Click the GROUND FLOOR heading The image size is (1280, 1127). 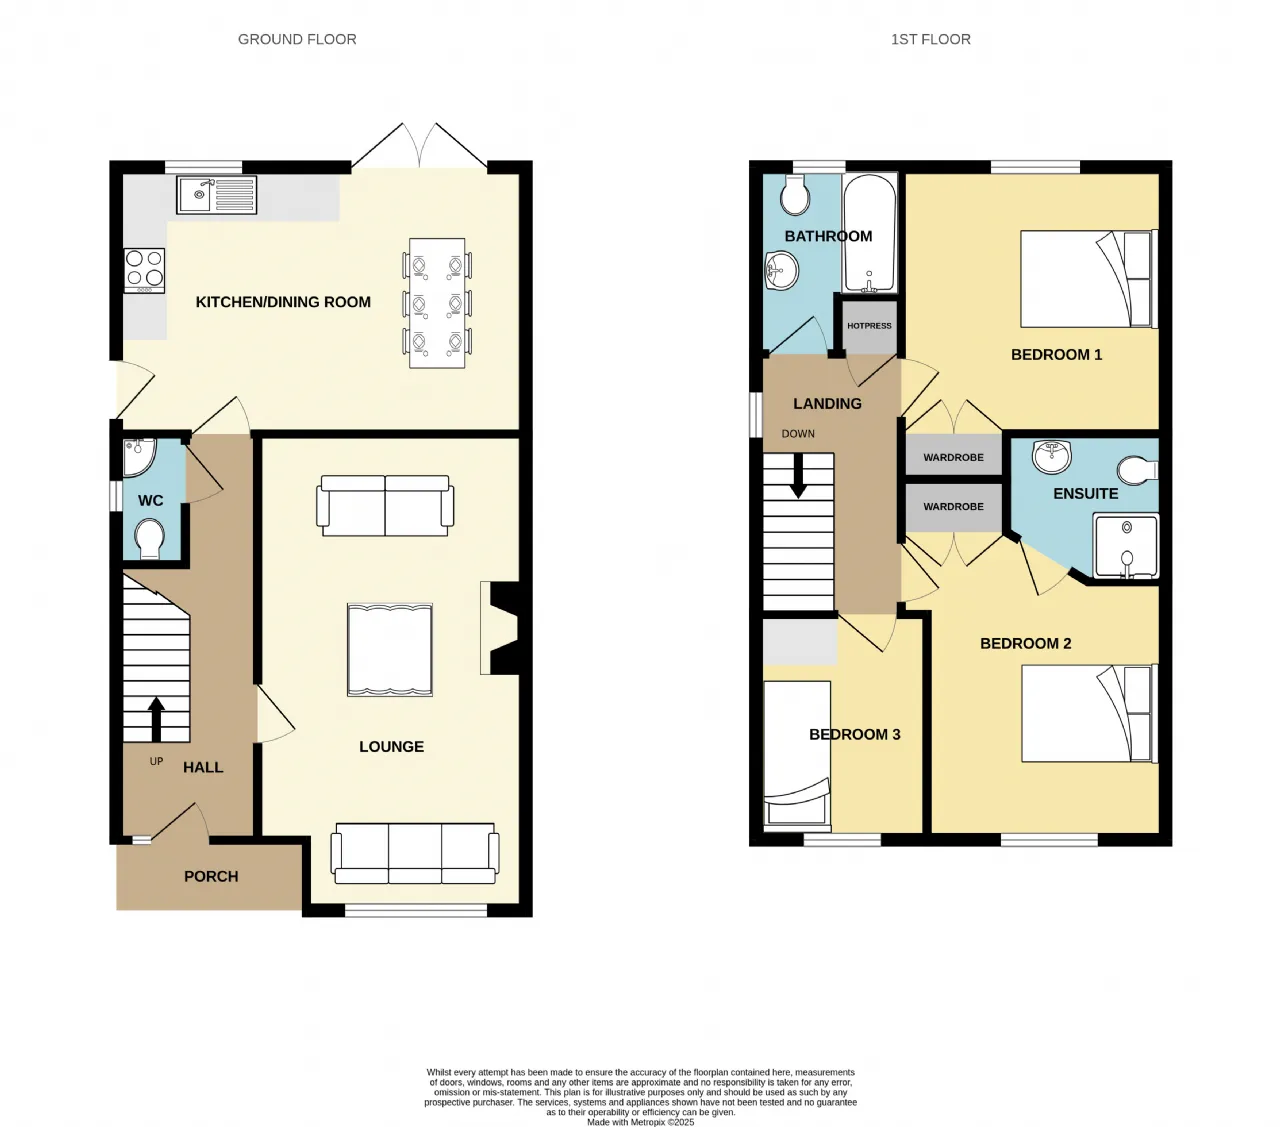click(297, 39)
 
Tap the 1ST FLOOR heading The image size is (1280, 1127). click(930, 39)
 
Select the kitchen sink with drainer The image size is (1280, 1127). click(217, 195)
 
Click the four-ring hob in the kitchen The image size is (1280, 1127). click(145, 270)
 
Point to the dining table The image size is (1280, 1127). click(437, 303)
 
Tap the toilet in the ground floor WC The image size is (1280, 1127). click(150, 539)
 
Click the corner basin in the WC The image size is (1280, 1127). click(138, 457)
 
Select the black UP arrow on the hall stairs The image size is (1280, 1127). click(156, 719)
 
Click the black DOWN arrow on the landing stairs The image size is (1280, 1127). click(798, 475)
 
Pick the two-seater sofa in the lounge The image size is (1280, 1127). click(385, 505)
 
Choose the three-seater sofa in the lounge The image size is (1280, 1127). click(415, 853)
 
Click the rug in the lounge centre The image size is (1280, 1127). click(390, 650)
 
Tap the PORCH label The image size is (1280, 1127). click(211, 876)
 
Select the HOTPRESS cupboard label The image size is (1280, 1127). click(869, 326)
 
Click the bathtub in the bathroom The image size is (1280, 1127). click(869, 233)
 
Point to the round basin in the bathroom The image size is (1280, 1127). click(782, 270)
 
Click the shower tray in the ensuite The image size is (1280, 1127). click(1126, 546)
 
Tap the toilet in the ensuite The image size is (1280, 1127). click(1137, 471)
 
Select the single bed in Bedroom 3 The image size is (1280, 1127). click(797, 753)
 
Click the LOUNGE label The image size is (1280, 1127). click(392, 747)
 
